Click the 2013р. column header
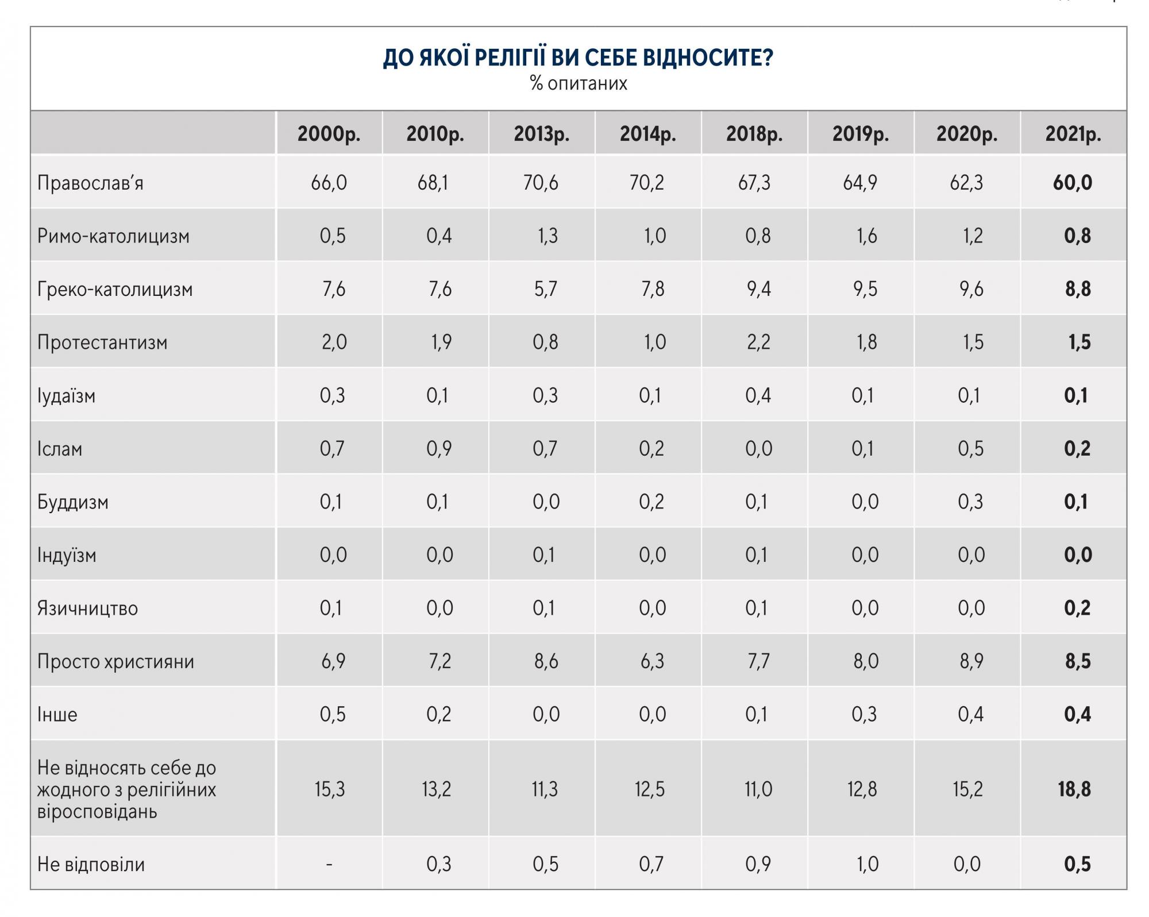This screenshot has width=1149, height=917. [541, 134]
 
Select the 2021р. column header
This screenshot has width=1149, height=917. [1073, 134]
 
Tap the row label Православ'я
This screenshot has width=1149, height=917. [90, 183]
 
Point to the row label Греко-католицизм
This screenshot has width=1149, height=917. [115, 289]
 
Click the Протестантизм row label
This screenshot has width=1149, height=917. [102, 342]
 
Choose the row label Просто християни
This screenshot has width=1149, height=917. [115, 661]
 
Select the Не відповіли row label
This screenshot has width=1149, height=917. [91, 864]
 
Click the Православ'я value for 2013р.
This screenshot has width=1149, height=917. [541, 183]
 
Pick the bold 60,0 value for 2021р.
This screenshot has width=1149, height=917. [1072, 183]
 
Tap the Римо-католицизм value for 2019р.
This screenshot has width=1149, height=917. [866, 236]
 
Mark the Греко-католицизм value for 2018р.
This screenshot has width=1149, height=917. [758, 289]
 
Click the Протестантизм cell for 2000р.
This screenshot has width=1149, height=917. [334, 342]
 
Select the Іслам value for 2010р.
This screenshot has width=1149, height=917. [439, 449]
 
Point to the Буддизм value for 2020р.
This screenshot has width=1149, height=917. [970, 502]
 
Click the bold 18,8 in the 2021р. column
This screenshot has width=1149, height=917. [1074, 789]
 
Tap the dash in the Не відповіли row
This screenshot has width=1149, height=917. [329, 864]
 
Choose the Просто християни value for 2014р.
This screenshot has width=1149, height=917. [652, 661]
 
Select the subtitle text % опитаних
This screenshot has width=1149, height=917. [579, 84]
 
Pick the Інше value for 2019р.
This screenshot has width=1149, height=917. [864, 714]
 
